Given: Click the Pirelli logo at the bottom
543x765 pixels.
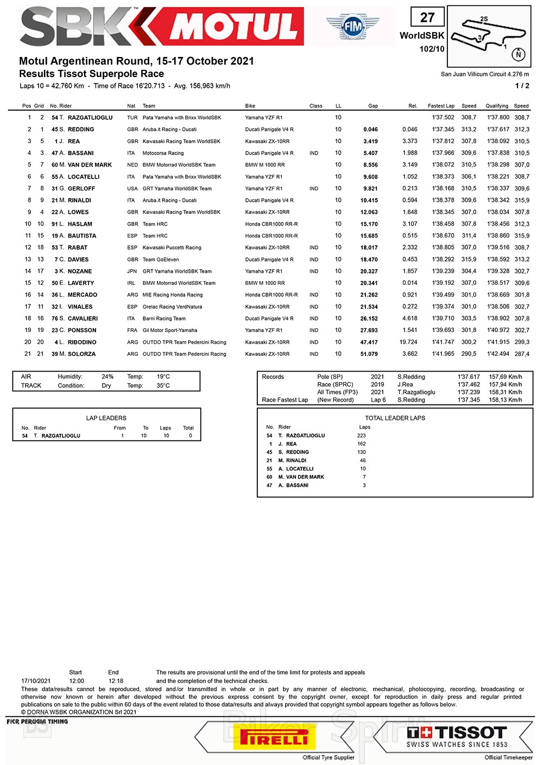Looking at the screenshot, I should coord(274,738).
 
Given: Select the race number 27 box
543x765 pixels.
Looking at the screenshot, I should coord(427,18).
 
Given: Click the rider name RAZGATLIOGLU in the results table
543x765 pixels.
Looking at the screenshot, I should coord(90,118).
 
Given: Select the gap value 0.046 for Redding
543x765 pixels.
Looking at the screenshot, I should coord(370,130).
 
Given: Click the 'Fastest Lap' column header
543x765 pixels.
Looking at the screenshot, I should coord(441,106).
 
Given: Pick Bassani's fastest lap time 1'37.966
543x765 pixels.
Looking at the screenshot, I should coord(443,153).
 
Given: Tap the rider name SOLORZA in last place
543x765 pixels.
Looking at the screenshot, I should coord(81,354).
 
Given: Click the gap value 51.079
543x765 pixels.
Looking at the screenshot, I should coord(369,354).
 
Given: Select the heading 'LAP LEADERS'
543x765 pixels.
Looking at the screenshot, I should coord(106,418).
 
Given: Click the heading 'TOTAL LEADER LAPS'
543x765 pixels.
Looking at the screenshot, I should coord(395,418).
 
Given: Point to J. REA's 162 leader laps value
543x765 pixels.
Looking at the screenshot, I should coord(362,444).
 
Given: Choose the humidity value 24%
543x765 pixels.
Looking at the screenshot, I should coord(108,377).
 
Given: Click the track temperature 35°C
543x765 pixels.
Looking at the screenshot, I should coord(163,386).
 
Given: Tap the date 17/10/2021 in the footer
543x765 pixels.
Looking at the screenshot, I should coord(36,681).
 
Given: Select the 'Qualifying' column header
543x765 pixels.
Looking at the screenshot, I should coord(497,106).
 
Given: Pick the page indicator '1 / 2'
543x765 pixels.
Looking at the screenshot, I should coord(522,86).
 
